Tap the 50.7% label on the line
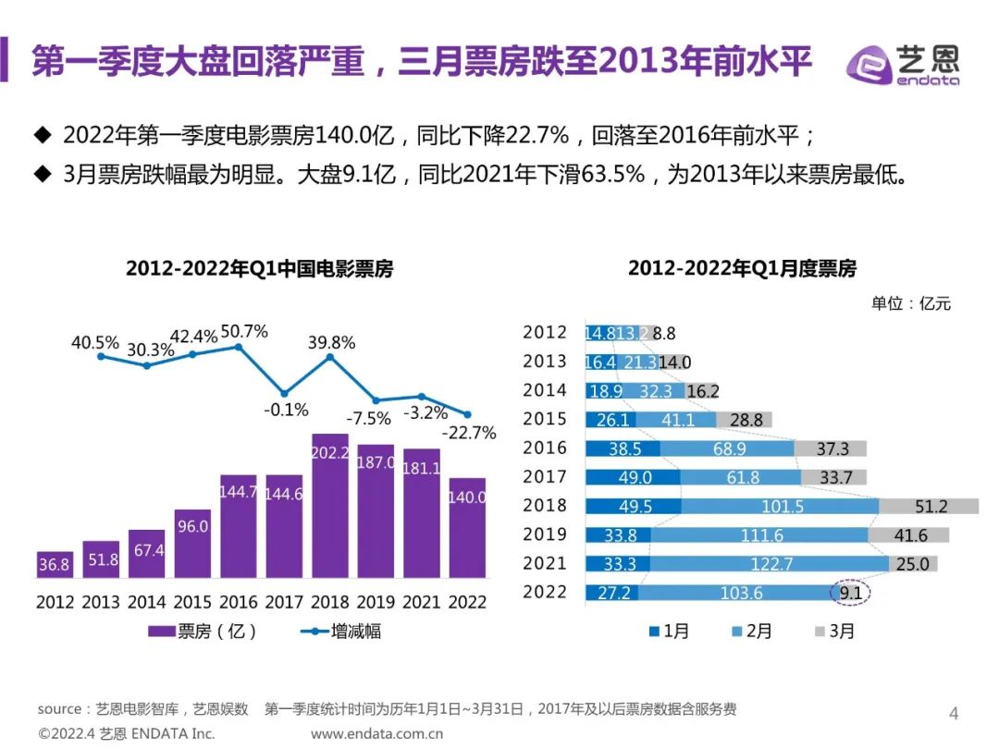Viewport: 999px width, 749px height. click(244, 331)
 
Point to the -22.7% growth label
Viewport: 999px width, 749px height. click(469, 432)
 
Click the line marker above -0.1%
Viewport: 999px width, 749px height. click(285, 393)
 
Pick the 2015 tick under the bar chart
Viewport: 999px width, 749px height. click(192, 602)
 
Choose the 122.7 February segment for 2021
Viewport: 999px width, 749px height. click(768, 563)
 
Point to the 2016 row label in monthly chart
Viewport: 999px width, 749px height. click(545, 448)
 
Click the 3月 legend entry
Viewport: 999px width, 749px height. click(834, 632)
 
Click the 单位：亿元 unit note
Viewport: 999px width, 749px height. click(911, 303)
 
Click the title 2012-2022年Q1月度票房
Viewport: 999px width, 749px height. click(742, 269)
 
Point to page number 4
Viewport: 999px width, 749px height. click(955, 713)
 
